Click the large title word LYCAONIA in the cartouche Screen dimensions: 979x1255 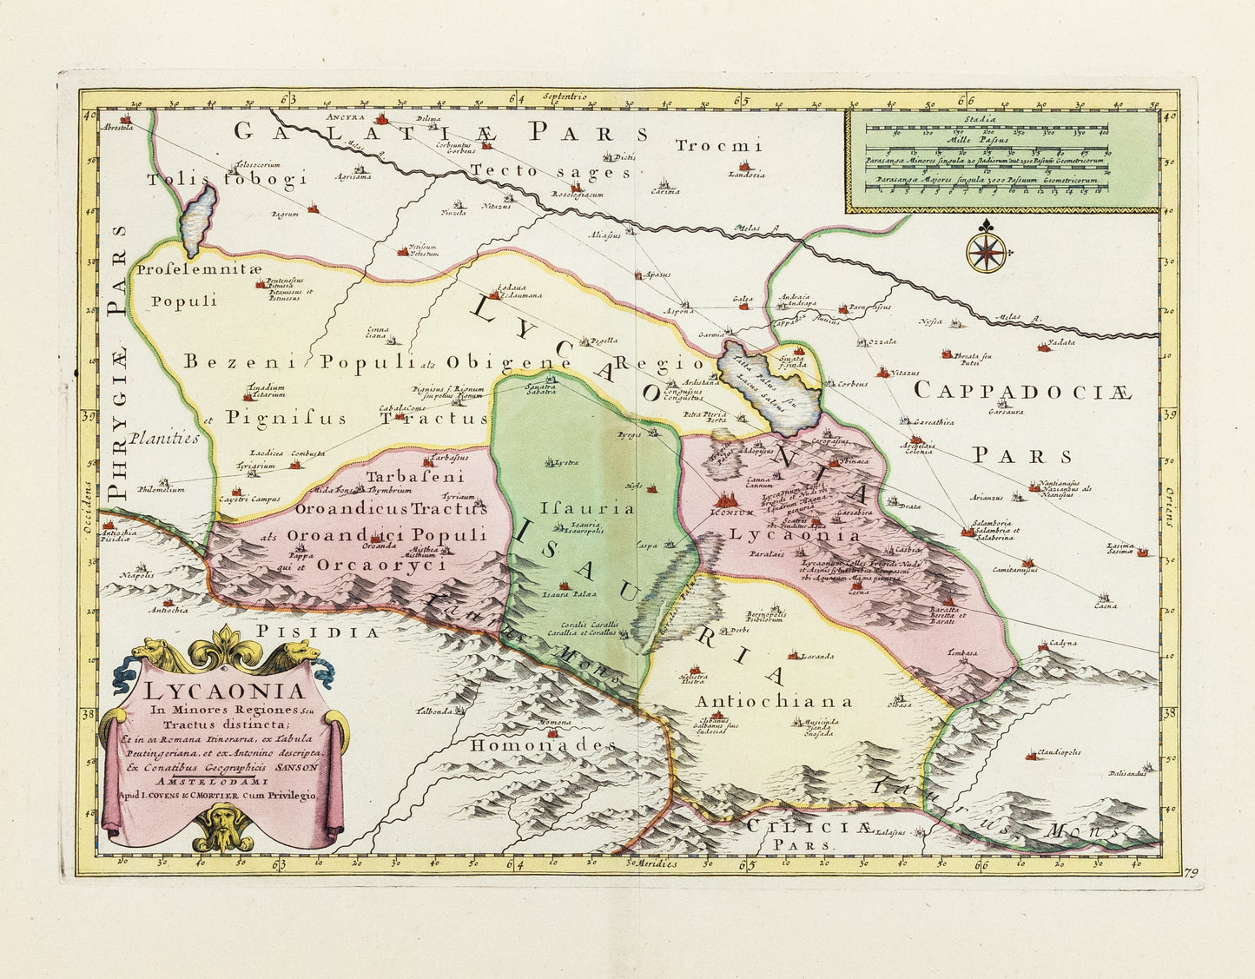pyautogui.click(x=224, y=692)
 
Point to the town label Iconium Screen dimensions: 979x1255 pyautogui.click(x=733, y=513)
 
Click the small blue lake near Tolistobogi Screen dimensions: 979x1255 pyautogui.click(x=199, y=217)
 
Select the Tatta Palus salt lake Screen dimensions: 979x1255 pyautogui.click(x=769, y=387)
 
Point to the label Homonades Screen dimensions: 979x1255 pyautogui.click(x=543, y=745)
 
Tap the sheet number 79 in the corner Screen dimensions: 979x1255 pyautogui.click(x=1190, y=873)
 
